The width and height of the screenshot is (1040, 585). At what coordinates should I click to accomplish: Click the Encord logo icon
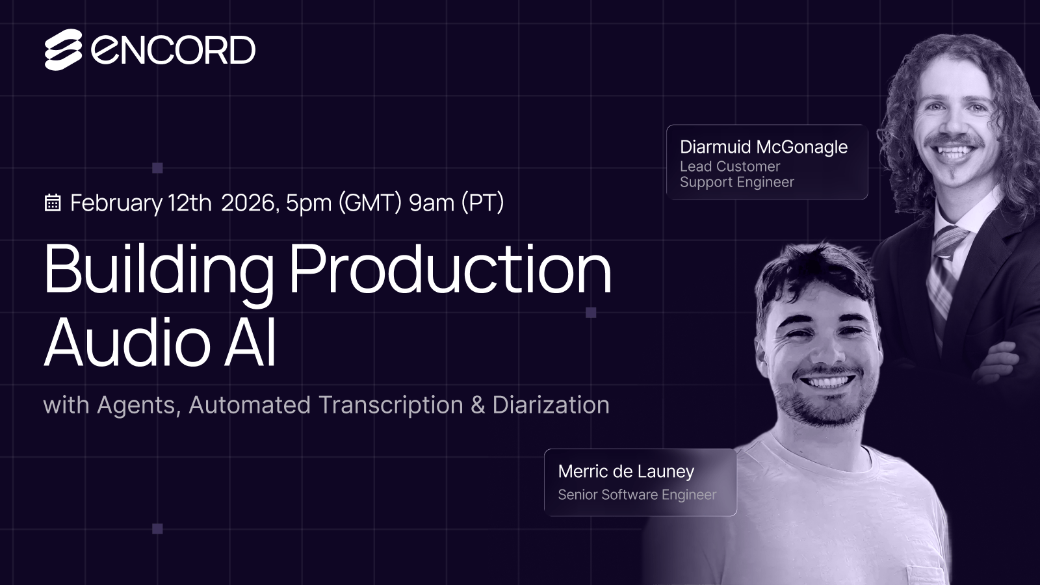click(63, 50)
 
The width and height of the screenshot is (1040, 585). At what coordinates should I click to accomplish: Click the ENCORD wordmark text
click(174, 50)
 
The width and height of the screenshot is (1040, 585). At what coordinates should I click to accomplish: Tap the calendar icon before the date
click(53, 203)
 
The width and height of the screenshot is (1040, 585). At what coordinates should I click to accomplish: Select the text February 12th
click(140, 203)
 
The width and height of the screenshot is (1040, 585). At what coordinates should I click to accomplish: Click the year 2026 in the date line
click(250, 203)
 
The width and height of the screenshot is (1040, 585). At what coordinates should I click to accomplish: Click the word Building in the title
click(159, 270)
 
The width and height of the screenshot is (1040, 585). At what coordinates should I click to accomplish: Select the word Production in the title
click(450, 270)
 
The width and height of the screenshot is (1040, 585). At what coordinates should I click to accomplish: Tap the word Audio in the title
click(127, 343)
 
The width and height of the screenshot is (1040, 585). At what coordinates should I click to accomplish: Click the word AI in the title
click(250, 343)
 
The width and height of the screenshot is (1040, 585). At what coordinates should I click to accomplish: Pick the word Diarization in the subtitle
click(551, 405)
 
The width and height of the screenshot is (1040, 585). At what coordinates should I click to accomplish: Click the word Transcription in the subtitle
click(391, 405)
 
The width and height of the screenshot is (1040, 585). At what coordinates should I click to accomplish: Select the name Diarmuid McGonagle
click(763, 147)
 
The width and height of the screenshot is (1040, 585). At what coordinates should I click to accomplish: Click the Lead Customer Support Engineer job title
click(736, 174)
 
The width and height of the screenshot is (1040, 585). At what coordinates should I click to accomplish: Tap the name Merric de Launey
click(626, 471)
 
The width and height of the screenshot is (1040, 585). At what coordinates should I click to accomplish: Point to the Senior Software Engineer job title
click(636, 495)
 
